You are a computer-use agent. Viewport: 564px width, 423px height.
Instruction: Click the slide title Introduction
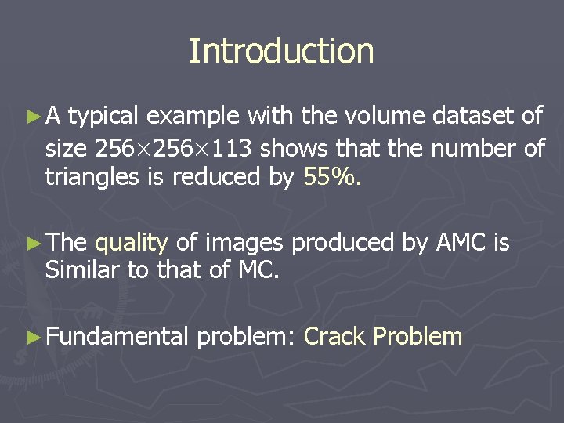pos(281,51)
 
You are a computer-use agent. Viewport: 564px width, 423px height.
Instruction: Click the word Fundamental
pos(117,337)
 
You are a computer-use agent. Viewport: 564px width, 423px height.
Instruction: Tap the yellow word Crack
pos(334,337)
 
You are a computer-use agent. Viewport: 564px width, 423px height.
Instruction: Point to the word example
pos(193,117)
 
